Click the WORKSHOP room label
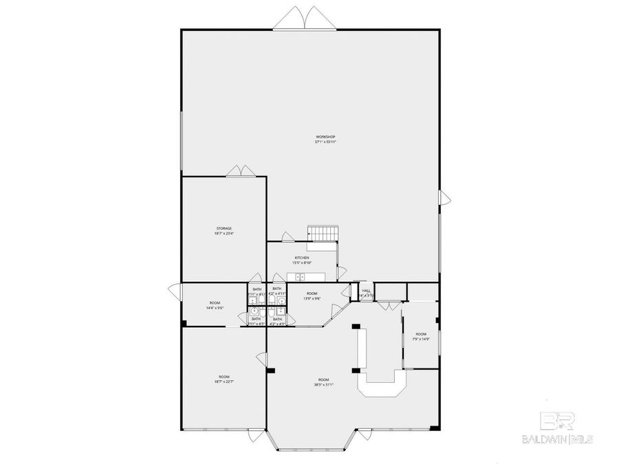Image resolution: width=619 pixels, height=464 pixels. pyautogui.click(x=325, y=137)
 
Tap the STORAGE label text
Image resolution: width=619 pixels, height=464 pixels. pyautogui.click(x=224, y=228)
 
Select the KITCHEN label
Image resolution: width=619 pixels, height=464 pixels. pyautogui.click(x=302, y=258)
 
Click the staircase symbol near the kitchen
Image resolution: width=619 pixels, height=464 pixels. pyautogui.click(x=323, y=233)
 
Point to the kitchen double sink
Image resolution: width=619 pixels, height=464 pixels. pyautogui.click(x=300, y=277)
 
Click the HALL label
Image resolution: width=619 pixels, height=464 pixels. pyautogui.click(x=365, y=291)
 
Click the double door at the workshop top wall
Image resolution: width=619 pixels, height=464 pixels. pyautogui.click(x=305, y=19)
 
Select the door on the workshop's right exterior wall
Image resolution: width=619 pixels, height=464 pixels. pyautogui.click(x=445, y=199)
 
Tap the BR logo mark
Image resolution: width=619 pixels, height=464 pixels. pyautogui.click(x=556, y=421)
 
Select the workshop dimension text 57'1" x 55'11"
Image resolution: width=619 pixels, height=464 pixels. pyautogui.click(x=325, y=142)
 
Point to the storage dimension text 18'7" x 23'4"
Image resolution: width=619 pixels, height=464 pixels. pyautogui.click(x=224, y=234)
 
